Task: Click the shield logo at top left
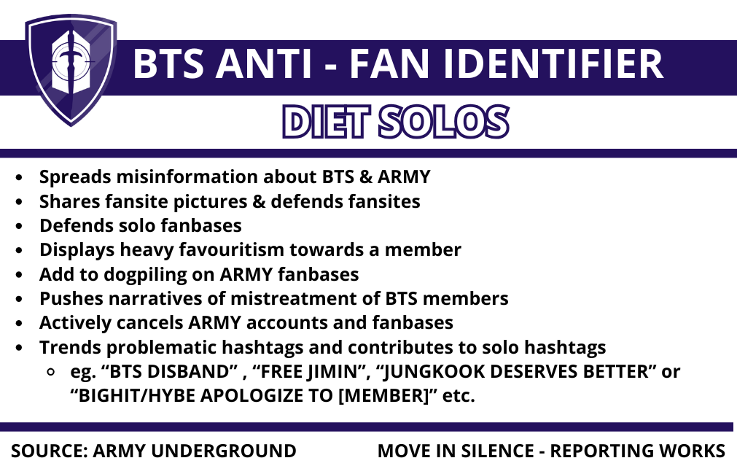click(71, 69)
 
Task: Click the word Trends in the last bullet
click(66, 347)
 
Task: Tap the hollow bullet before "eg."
click(50, 372)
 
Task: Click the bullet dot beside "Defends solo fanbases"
click(21, 226)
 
